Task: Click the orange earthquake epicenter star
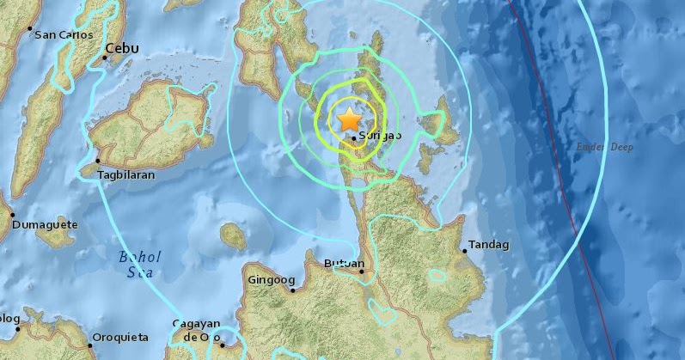(x=349, y=119)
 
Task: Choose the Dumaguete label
(x=45, y=225)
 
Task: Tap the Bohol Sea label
(x=137, y=262)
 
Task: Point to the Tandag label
(x=488, y=246)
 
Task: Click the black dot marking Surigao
(x=353, y=137)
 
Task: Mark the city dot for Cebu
(x=105, y=58)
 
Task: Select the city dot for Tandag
(x=464, y=251)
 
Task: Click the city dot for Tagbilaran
(x=98, y=161)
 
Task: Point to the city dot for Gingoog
(x=293, y=290)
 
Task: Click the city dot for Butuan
(x=362, y=272)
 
